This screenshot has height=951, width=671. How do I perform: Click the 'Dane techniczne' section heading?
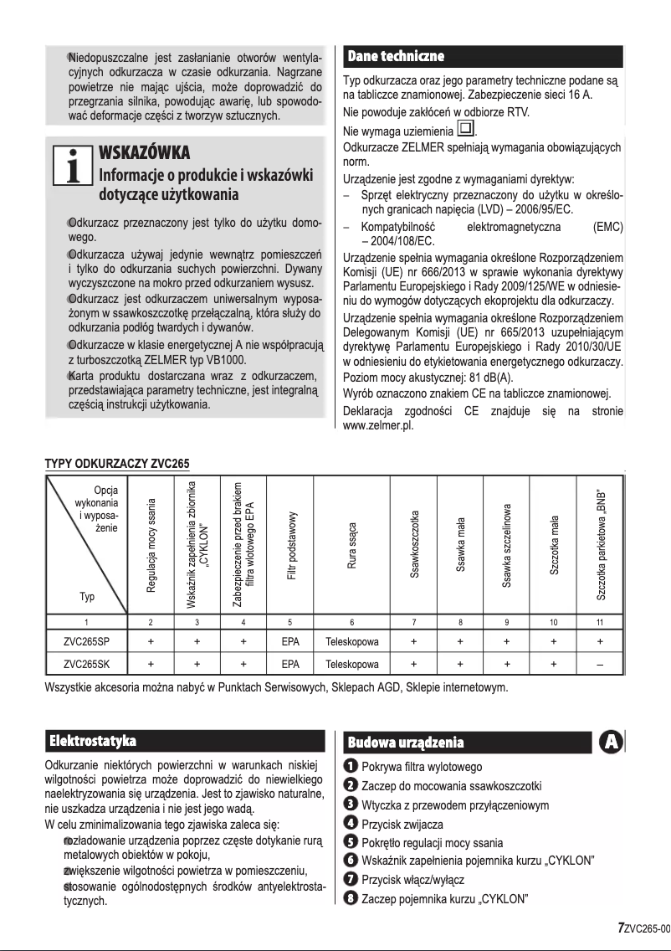395,56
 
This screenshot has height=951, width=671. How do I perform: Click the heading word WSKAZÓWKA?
146,153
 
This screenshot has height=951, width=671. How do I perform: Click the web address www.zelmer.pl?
381,424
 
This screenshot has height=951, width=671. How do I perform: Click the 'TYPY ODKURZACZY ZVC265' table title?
117,462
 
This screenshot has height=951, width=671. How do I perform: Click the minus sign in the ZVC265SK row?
600,665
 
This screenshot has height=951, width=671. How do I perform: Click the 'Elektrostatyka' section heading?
93,741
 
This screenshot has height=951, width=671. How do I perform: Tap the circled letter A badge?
612,743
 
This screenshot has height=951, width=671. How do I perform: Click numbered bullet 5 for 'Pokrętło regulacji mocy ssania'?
351,842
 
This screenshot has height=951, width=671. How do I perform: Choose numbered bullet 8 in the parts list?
351,899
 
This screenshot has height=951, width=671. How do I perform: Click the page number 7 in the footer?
621,928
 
